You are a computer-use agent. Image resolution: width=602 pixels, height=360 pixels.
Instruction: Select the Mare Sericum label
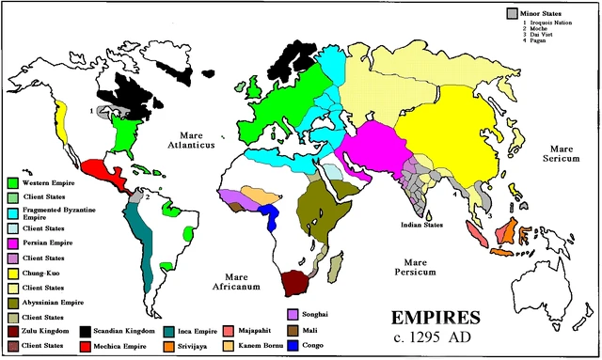(x=562, y=154)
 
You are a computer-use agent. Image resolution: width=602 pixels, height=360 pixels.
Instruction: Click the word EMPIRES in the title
(x=414, y=318)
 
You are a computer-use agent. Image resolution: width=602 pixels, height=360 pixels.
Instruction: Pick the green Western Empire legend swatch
(x=12, y=181)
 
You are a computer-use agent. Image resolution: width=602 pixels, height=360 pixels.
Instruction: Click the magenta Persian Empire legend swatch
(x=12, y=243)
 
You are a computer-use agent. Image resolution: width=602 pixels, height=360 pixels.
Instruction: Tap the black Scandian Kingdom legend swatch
(x=84, y=332)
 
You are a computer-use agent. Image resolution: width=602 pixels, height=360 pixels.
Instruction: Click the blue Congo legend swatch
(x=293, y=347)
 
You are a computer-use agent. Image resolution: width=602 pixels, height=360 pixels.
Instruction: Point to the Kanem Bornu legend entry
(x=251, y=347)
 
